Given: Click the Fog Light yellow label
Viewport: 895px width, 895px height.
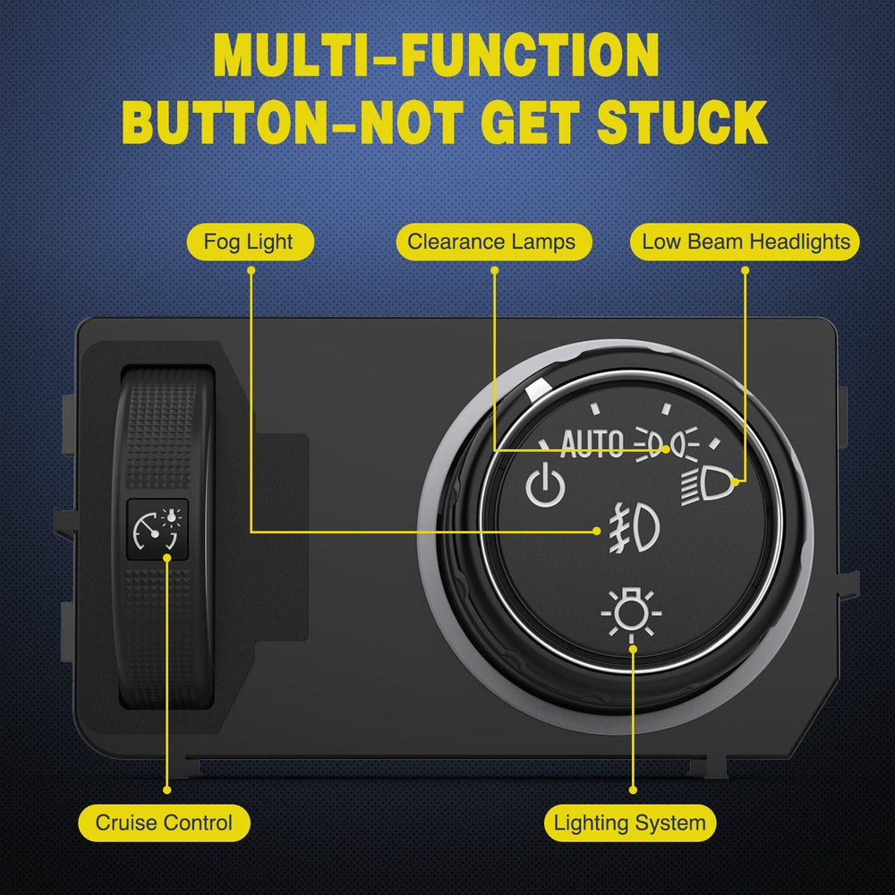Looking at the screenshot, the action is tap(251, 242).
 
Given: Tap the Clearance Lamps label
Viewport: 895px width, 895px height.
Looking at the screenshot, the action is tap(494, 242).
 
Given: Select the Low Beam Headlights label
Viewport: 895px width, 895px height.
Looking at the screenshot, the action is tap(745, 242).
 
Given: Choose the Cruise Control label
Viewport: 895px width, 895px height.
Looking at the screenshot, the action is tap(165, 823).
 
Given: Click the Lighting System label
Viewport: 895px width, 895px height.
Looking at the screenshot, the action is tap(630, 823).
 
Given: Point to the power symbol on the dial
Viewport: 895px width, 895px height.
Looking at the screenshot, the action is tap(545, 485).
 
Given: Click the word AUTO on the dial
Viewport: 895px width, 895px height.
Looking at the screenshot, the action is tap(592, 444).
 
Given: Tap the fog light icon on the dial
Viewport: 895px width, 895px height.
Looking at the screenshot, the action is tap(635, 528).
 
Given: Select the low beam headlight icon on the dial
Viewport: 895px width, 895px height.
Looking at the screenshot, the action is tap(706, 485).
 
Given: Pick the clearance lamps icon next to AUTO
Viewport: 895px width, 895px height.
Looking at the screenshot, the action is tap(667, 444).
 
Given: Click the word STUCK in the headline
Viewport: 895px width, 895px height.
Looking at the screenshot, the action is tap(682, 122).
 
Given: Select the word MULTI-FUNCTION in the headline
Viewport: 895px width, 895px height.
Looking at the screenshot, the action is tap(437, 55).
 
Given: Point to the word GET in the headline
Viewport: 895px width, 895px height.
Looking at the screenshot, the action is tap(530, 122).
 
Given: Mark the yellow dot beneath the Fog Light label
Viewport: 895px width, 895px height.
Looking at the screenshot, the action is tap(251, 270).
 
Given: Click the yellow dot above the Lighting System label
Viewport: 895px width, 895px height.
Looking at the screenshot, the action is tap(633, 790).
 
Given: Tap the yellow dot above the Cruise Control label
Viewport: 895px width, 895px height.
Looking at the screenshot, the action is tap(166, 790).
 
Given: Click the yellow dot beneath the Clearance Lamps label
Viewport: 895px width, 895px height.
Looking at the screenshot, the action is tap(494, 270).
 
